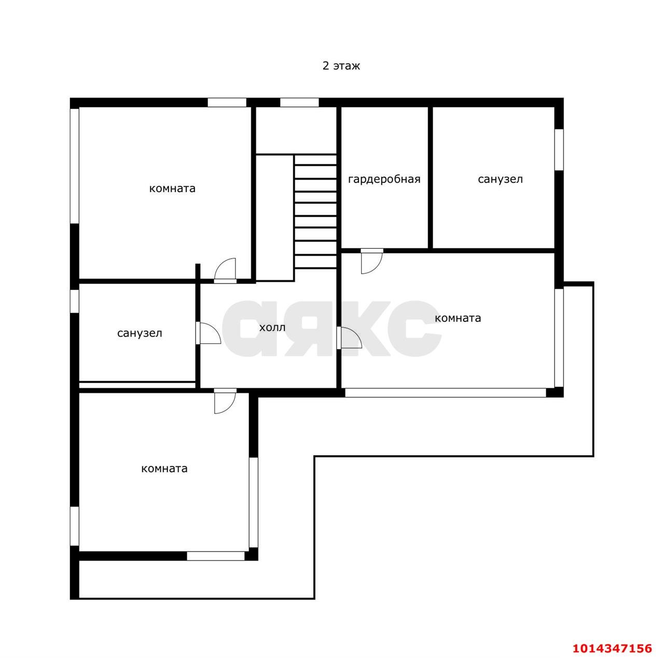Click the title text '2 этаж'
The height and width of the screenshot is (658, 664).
[341, 65]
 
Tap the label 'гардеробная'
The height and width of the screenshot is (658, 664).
[384, 179]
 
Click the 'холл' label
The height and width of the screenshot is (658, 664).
[272, 328]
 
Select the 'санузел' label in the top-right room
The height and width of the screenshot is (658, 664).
[500, 179]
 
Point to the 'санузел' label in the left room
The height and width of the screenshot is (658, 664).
[140, 333]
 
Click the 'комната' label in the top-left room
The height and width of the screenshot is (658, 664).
[172, 189]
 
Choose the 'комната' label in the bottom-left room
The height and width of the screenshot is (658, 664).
[164, 468]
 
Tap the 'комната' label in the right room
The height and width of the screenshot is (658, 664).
[458, 318]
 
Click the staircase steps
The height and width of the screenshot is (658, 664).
[315, 211]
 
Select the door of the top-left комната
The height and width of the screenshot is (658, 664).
[225, 271]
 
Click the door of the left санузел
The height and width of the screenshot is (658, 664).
[208, 333]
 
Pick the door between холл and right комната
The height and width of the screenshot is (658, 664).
[349, 338]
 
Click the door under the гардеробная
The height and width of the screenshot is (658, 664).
[372, 261]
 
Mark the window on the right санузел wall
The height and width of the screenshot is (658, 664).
[559, 150]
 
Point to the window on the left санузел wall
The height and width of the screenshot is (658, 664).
[74, 301]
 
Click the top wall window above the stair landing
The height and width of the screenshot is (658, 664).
[299, 102]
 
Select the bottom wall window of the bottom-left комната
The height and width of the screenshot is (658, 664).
[216, 556]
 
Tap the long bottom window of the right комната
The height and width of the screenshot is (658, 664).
[446, 393]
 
